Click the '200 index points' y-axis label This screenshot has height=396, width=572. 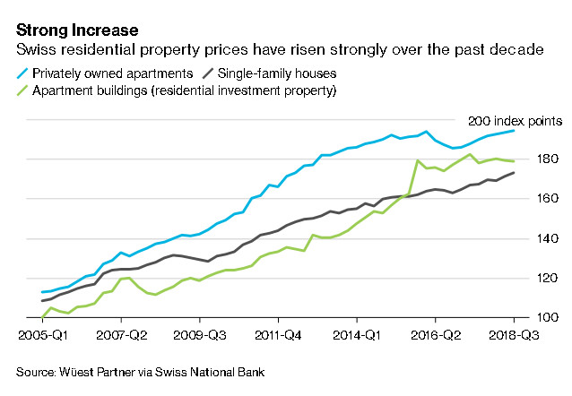515,120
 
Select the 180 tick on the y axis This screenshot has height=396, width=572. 550,159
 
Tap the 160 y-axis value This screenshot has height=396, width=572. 550,199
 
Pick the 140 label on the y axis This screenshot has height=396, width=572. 550,238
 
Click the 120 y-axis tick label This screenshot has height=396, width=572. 550,278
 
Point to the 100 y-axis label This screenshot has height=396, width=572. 550,317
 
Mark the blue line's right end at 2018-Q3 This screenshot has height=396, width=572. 514,131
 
